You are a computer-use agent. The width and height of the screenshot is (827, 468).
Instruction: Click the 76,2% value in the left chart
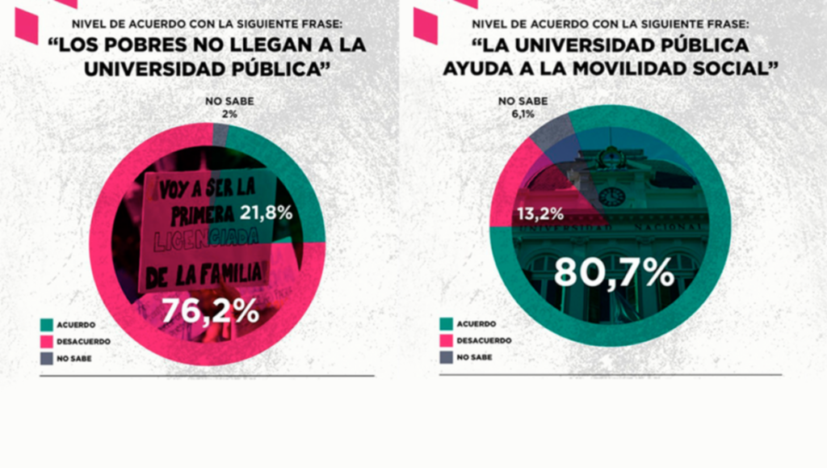(210, 310)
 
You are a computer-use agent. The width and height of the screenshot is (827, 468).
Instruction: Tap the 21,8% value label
(266, 214)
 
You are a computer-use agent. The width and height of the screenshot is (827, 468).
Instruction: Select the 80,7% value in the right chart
(614, 272)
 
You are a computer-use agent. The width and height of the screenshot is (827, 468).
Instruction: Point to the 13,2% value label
(539, 215)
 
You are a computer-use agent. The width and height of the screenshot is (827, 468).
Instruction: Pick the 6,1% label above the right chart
(523, 114)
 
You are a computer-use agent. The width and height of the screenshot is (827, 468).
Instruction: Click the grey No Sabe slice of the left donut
(220, 134)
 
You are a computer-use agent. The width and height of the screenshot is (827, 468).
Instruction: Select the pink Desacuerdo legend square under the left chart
(47, 342)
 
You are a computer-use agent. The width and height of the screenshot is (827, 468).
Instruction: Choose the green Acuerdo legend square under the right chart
(447, 324)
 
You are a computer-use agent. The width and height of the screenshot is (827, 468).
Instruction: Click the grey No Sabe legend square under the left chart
(47, 358)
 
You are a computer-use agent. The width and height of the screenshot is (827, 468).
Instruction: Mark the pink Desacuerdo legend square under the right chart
(447, 340)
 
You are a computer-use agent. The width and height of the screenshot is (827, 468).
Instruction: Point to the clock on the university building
(611, 196)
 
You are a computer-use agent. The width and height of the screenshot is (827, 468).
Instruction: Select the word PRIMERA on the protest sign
(201, 214)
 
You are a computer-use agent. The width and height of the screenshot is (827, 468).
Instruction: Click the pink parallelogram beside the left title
(27, 25)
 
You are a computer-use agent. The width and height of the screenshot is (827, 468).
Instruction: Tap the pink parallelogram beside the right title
(426, 25)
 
